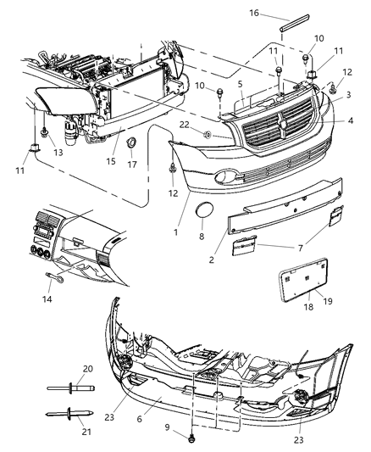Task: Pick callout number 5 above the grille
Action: pyautogui.click(x=241, y=85)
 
